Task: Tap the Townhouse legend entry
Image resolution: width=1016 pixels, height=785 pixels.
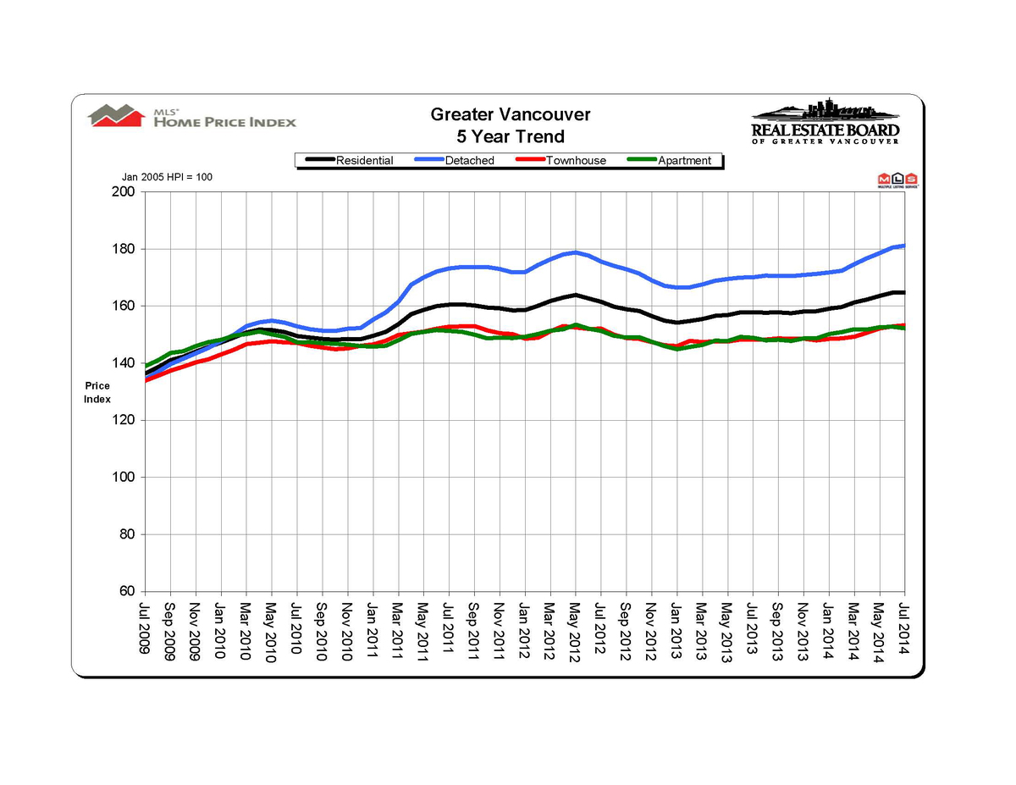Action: click(x=576, y=161)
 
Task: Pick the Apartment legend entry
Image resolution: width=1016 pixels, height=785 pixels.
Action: click(x=684, y=161)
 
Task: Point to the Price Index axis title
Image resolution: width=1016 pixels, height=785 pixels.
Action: click(x=97, y=392)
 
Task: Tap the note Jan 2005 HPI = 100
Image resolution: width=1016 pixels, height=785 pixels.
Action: click(x=168, y=177)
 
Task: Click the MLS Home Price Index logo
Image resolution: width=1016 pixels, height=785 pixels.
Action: click(x=193, y=117)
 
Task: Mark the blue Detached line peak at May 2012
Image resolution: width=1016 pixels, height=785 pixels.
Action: click(x=575, y=252)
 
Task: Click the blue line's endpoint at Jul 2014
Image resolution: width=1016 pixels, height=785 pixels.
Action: click(x=904, y=246)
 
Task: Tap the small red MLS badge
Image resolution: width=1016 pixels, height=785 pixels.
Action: click(x=897, y=180)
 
